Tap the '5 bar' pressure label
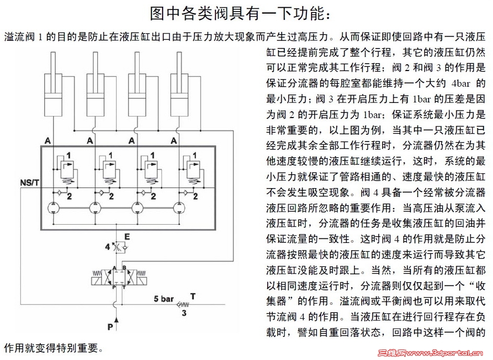(164, 299)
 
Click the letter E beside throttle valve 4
(127, 237)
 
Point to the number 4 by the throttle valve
(107, 246)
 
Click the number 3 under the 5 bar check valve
(184, 313)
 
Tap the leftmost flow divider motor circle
(53, 207)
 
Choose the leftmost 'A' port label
(48, 141)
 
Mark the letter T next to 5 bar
(193, 297)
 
